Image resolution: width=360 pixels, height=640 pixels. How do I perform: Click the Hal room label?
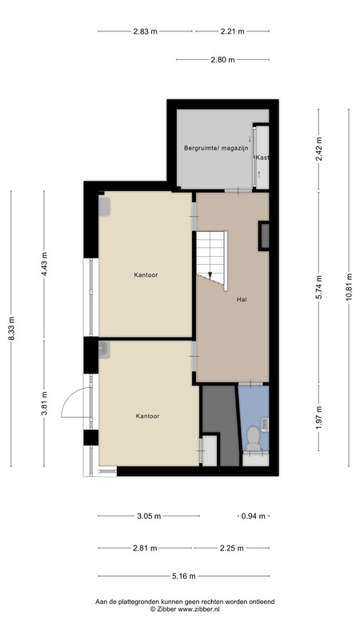click(x=242, y=299)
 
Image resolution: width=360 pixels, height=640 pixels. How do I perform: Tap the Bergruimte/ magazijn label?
click(x=216, y=148)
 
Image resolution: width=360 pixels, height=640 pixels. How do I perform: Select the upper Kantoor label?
click(x=146, y=275)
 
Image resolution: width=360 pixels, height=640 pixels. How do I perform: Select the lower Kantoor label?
click(x=147, y=416)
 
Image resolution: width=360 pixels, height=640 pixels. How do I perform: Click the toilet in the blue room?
click(x=254, y=438)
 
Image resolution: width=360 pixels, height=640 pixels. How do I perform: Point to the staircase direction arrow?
click(x=210, y=275)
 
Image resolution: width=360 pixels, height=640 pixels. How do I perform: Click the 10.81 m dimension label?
click(x=349, y=287)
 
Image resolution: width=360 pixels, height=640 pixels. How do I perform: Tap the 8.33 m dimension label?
click(x=11, y=329)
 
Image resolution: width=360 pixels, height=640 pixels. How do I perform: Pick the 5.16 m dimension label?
click(x=184, y=576)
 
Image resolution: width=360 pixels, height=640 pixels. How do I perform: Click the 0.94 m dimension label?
click(x=253, y=516)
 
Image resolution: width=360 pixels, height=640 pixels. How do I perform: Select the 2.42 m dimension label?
click(x=318, y=149)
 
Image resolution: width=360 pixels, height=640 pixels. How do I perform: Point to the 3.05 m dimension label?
click(x=149, y=516)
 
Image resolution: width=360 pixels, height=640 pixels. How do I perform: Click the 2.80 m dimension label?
click(x=223, y=59)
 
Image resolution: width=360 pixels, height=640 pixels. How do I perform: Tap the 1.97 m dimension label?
click(x=318, y=416)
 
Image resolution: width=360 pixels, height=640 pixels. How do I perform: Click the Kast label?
click(x=262, y=158)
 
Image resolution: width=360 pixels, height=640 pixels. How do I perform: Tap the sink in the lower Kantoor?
click(x=104, y=350)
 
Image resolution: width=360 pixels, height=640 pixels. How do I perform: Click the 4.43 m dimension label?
click(x=44, y=264)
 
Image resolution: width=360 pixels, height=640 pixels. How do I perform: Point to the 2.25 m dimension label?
click(x=231, y=548)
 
